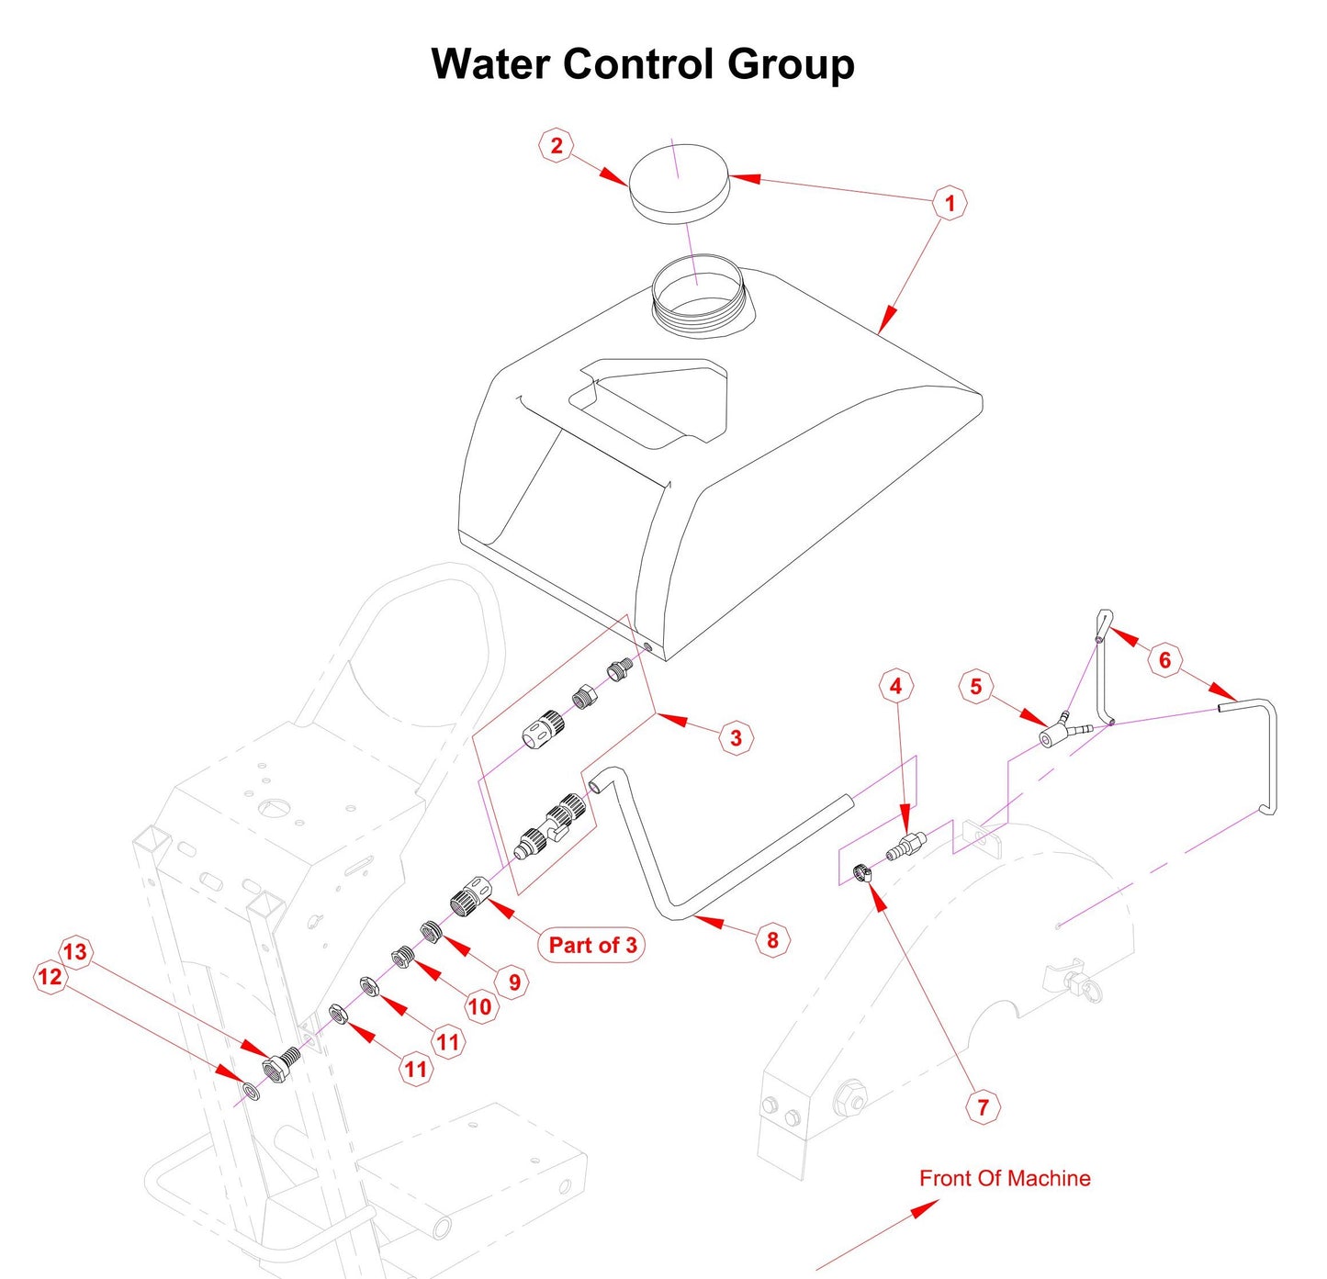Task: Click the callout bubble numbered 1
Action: coord(950,203)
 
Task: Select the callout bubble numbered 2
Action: coord(556,145)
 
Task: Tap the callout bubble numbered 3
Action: coord(736,737)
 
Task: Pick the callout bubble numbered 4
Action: coord(895,686)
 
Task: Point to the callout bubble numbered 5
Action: coord(975,687)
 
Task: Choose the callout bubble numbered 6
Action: coord(1164,659)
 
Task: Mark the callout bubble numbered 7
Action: coord(983,1106)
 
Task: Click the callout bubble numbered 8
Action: coord(772,939)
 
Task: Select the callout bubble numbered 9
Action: coord(514,982)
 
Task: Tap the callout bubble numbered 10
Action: coord(479,1007)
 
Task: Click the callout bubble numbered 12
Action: coord(50,976)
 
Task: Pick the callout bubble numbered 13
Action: coord(75,951)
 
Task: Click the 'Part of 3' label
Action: coord(592,945)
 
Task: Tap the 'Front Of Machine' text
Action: coord(1005,1178)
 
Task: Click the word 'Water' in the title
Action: coord(490,64)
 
